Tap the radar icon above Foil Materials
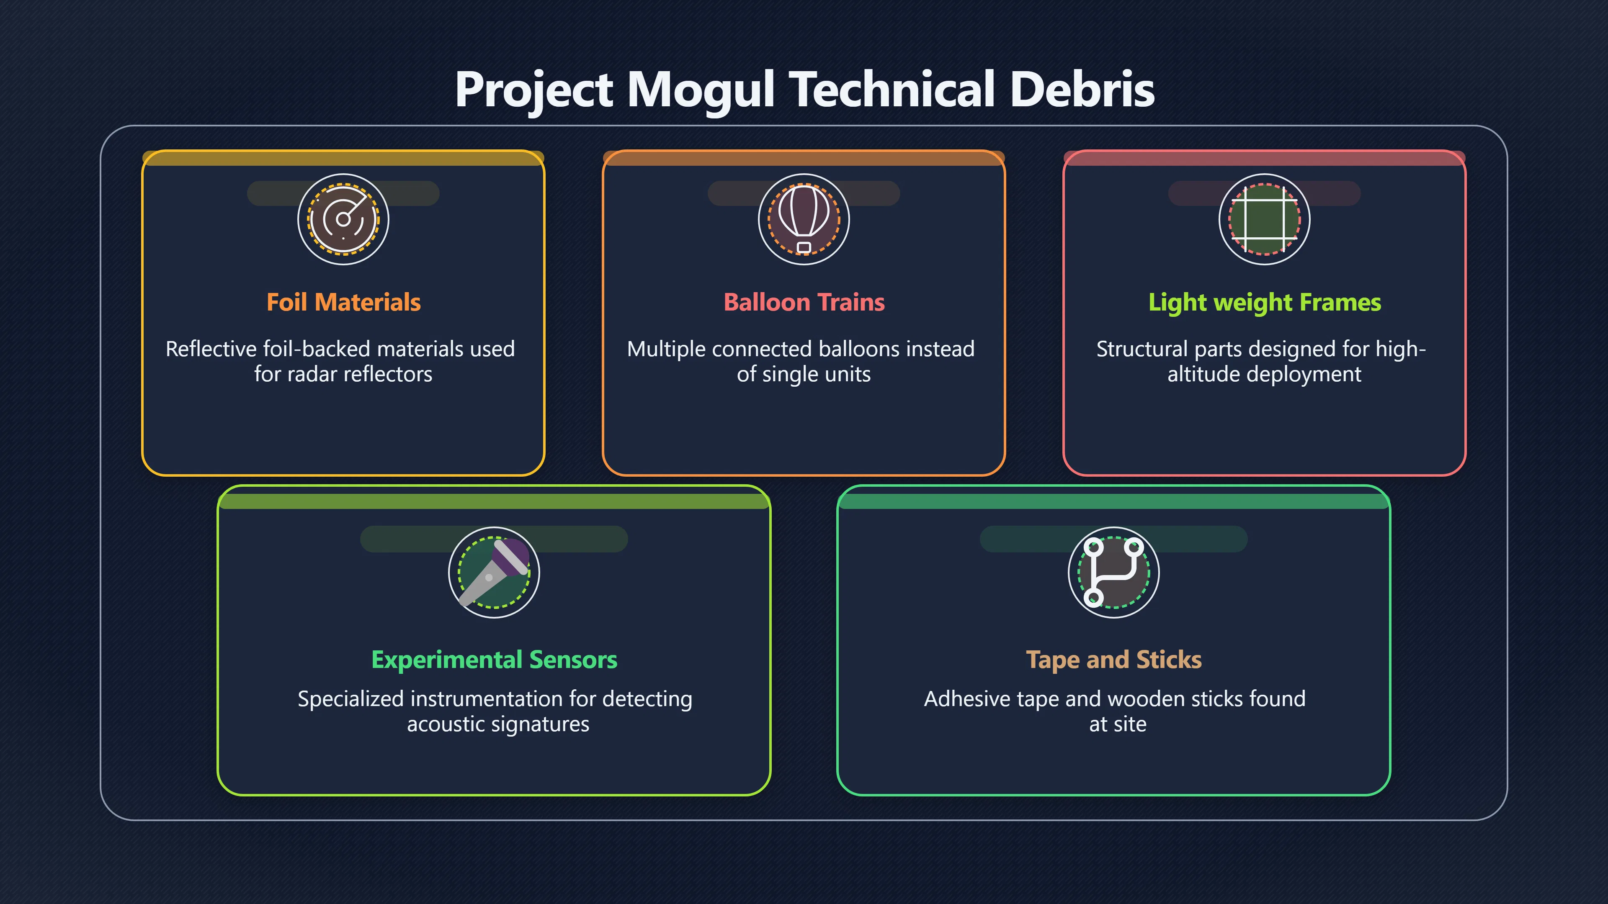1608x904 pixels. point(343,219)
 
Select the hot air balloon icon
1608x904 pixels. point(804,219)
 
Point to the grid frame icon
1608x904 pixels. point(1265,219)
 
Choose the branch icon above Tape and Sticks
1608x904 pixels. point(1113,572)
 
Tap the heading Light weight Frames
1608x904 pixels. point(1265,303)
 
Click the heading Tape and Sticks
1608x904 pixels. point(1113,660)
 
